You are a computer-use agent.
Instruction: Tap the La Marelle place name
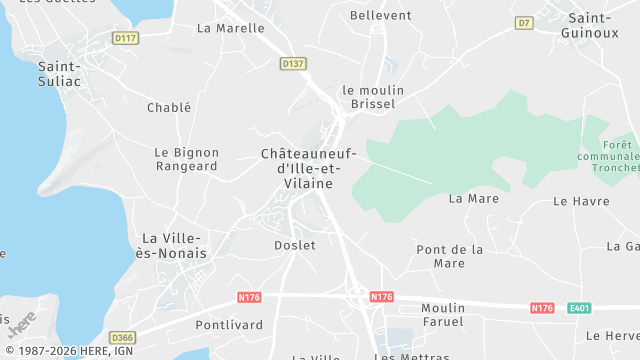231,28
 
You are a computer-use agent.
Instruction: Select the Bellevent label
381,16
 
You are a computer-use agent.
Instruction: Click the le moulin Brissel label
369,96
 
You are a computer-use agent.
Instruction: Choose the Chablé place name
168,108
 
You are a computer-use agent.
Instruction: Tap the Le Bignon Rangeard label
186,159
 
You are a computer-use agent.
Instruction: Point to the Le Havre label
581,201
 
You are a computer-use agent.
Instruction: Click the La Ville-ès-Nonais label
175,245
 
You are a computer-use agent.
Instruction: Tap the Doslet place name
294,245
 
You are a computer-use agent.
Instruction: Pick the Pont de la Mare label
450,256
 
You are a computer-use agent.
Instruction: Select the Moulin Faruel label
443,314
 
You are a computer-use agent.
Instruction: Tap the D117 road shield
125,39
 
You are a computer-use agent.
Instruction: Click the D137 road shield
292,63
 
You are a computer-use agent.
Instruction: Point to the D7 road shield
524,22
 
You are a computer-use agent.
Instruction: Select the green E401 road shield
579,308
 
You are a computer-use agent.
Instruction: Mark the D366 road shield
123,337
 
